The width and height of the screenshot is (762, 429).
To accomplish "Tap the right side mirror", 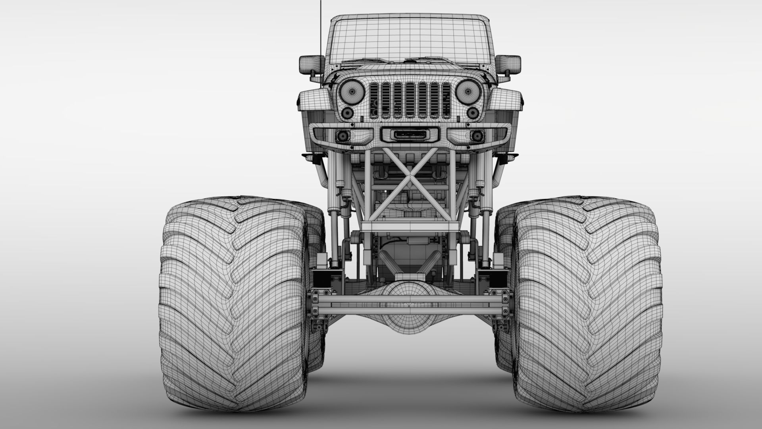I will (x=508, y=64).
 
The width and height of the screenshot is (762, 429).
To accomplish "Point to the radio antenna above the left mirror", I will (x=320, y=24).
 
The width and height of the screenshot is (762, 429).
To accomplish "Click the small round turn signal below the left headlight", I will (x=347, y=113).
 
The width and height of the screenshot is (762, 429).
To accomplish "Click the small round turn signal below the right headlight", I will (x=473, y=113).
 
